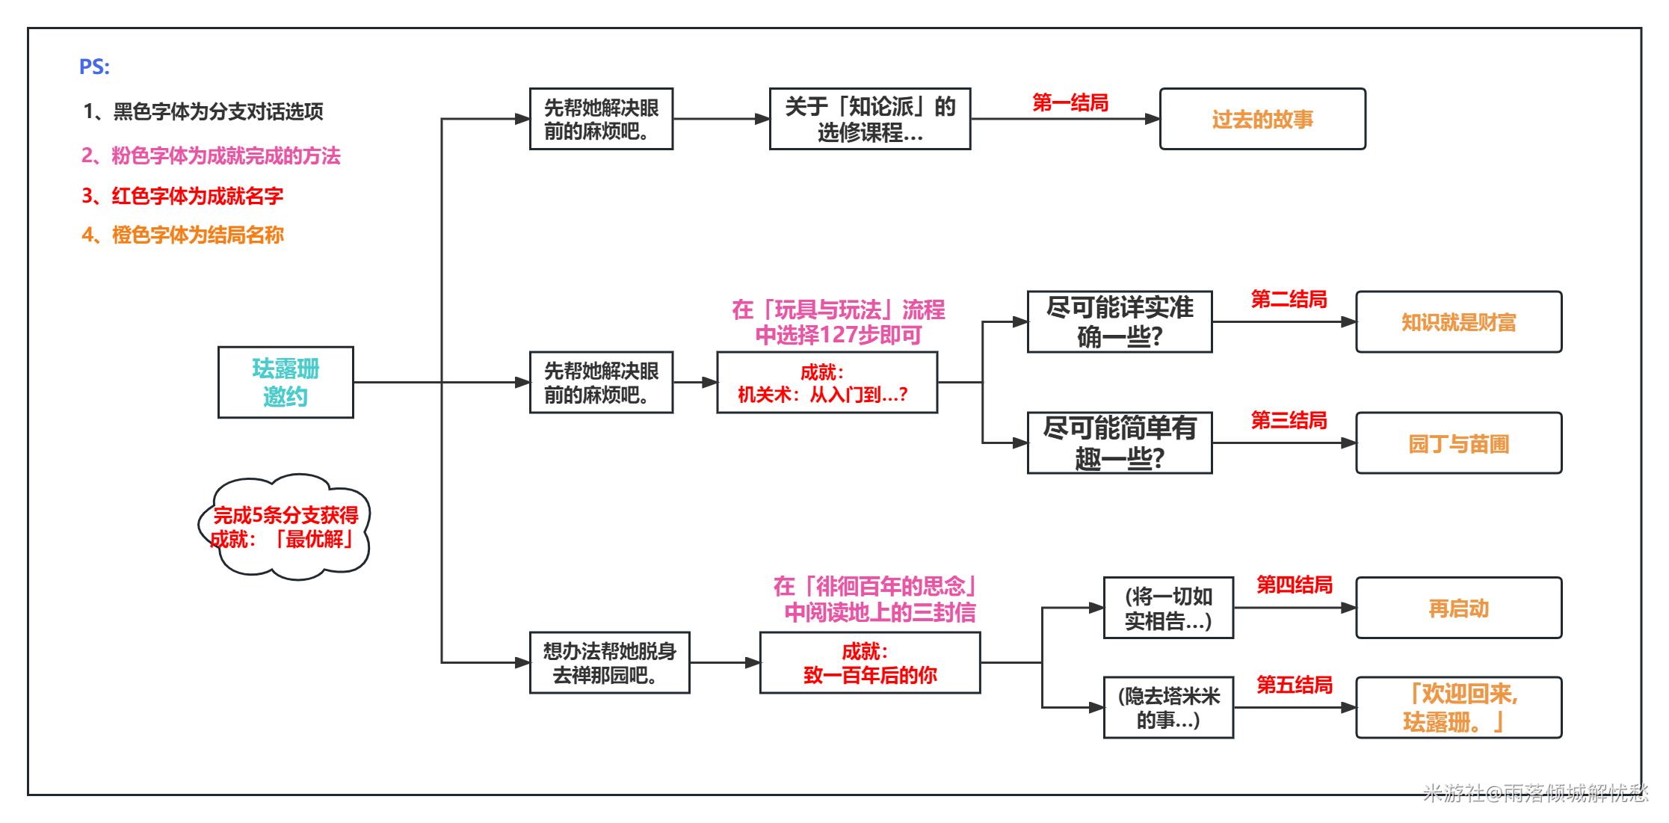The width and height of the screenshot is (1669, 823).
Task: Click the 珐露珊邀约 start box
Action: [286, 382]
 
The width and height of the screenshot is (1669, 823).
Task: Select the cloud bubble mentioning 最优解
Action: [285, 526]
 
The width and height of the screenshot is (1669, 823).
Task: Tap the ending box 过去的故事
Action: [1262, 119]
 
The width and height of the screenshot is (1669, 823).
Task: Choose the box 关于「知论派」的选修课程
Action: [869, 119]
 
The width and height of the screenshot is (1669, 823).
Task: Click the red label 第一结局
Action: [1070, 102]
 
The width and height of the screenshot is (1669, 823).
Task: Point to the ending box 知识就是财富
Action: [1458, 322]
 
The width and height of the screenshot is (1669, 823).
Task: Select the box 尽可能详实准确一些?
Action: [1119, 322]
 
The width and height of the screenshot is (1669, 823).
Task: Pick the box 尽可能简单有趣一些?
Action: [1119, 443]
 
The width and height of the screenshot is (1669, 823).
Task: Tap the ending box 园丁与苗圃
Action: [1458, 443]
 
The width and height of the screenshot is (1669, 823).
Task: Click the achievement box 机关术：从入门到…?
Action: [827, 383]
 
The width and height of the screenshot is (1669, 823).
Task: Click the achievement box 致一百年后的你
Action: [869, 663]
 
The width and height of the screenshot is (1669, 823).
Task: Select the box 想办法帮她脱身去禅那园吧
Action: [609, 663]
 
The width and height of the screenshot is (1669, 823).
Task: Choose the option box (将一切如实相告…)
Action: [1167, 608]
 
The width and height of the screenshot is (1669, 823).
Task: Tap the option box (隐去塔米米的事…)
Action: [1167, 708]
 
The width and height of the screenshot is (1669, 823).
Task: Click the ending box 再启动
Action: [1458, 608]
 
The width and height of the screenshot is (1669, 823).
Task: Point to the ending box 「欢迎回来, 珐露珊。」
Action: [1458, 708]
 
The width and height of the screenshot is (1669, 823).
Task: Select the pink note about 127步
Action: [838, 322]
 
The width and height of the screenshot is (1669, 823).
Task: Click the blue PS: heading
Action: [94, 67]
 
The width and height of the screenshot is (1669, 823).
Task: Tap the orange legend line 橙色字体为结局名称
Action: [182, 235]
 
